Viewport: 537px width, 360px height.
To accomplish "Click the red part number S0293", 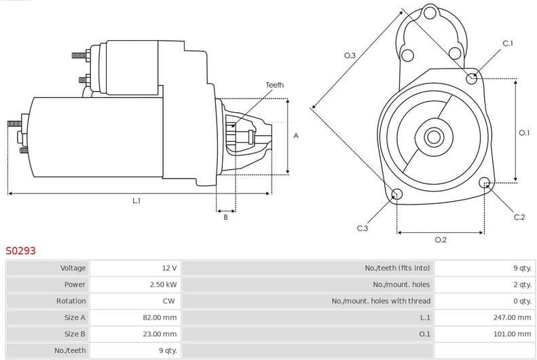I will [20, 251].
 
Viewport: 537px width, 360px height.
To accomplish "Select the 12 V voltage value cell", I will [168, 268].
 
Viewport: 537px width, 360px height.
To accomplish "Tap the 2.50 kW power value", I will [163, 285].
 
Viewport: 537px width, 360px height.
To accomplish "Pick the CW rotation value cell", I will [170, 301].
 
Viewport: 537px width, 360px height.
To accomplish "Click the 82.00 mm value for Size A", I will [161, 317].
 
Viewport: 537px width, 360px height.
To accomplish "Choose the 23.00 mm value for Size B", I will [161, 334].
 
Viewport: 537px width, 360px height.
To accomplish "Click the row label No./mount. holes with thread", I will [381, 301].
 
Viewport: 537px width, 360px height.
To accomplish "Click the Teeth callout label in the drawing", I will [275, 85].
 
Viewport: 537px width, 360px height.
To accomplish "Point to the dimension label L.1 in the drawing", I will [136, 200].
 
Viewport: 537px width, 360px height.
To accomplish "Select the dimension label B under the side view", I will [225, 217].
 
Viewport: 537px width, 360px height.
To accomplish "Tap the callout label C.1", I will [507, 44].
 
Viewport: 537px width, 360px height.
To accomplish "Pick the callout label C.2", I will [519, 217].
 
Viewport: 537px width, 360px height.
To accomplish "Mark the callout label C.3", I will [362, 228].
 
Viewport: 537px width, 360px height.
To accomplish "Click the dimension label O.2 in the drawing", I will [440, 239].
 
